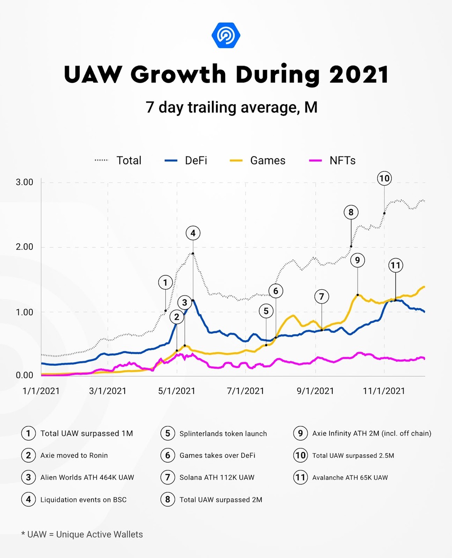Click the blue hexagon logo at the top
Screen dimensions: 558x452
(x=226, y=35)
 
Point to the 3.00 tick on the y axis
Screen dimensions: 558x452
(x=25, y=182)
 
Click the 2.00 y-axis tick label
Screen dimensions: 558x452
(x=25, y=247)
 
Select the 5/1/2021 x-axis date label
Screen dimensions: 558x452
(x=177, y=391)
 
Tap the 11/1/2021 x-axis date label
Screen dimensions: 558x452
(x=383, y=391)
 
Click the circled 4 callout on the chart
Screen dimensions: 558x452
(x=193, y=233)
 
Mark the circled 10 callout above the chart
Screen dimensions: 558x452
(x=384, y=179)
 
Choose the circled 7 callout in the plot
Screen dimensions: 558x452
(x=322, y=296)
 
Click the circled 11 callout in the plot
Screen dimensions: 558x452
(x=395, y=265)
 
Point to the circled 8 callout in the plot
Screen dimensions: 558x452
(x=351, y=212)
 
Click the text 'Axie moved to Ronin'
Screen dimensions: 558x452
(x=74, y=455)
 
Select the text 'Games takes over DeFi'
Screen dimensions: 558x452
(x=217, y=455)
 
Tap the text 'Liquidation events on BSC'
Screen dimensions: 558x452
(x=83, y=500)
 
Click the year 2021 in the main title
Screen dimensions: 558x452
(x=359, y=75)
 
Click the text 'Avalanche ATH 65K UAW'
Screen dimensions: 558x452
(x=350, y=478)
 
